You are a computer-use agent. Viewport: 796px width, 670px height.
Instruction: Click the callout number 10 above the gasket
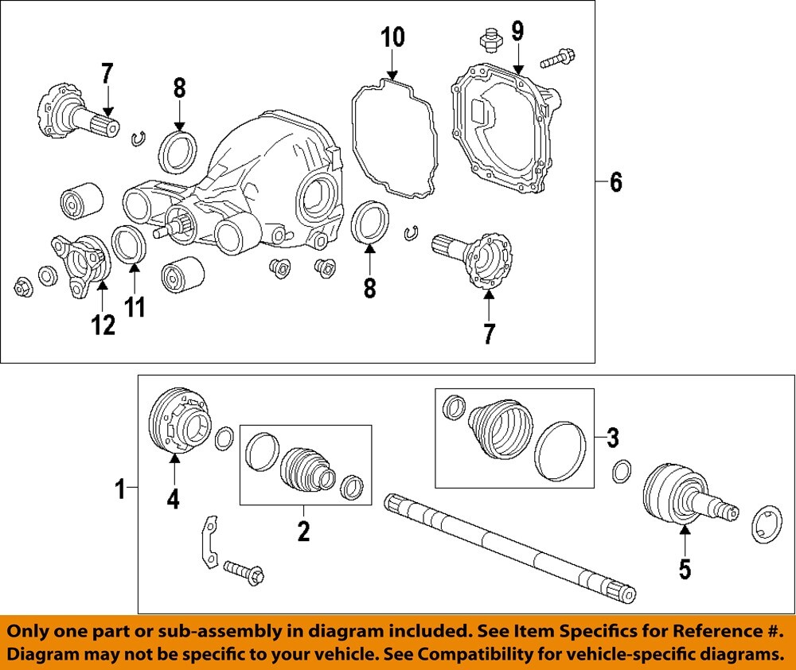[392, 37]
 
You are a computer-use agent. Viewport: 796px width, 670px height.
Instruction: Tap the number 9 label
[517, 32]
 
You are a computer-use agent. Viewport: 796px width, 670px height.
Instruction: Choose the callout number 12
[103, 324]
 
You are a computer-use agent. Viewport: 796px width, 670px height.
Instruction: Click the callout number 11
[135, 306]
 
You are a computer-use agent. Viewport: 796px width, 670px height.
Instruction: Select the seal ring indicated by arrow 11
[128, 243]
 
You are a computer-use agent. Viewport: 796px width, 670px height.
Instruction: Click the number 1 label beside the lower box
[120, 489]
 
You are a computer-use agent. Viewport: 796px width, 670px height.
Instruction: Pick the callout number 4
[173, 499]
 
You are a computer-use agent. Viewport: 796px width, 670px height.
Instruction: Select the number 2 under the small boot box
[303, 531]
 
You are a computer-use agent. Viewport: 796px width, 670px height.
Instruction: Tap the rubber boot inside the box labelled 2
[306, 470]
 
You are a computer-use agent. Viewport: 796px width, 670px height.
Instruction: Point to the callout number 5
[685, 568]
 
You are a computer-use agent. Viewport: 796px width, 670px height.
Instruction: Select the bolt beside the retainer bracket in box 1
[244, 571]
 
